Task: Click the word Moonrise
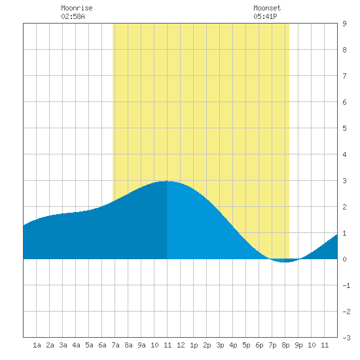tap(77, 8)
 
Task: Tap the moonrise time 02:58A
tap(73, 16)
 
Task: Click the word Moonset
tap(267, 8)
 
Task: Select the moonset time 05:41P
tap(265, 16)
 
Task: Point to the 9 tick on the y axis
tap(344, 24)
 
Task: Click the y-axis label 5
tap(344, 128)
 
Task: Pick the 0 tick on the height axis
tap(344, 259)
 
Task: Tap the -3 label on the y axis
tap(346, 338)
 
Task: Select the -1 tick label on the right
tap(346, 285)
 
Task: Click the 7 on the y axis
tap(344, 76)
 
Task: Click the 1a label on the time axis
tap(37, 345)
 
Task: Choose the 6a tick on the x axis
tap(102, 345)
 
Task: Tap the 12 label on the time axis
tap(181, 345)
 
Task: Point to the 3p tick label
tap(220, 345)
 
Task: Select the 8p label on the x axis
tap(285, 345)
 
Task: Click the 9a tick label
tap(141, 345)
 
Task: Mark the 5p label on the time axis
tap(246, 345)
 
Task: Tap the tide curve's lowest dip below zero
tap(284, 262)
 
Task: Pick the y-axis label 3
tap(344, 181)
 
